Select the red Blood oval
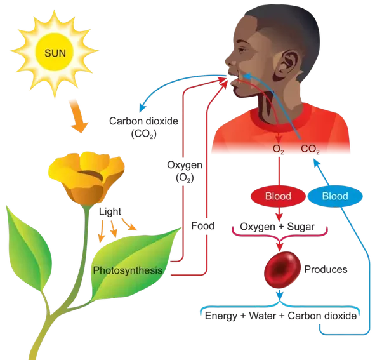coord(277,196)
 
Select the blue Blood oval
coord(334,196)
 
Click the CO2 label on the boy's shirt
coord(310,149)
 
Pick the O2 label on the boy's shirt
coord(277,149)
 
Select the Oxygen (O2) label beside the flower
coord(184,171)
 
